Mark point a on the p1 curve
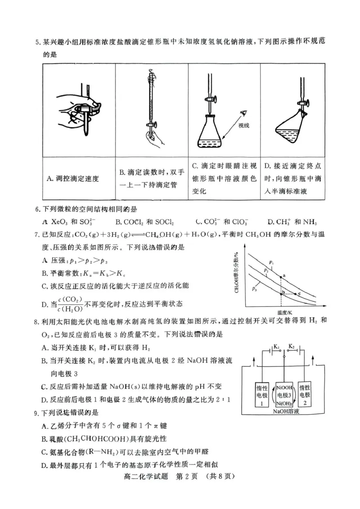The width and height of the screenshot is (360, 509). pos(281,276)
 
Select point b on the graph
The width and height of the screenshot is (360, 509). pos(281,293)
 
